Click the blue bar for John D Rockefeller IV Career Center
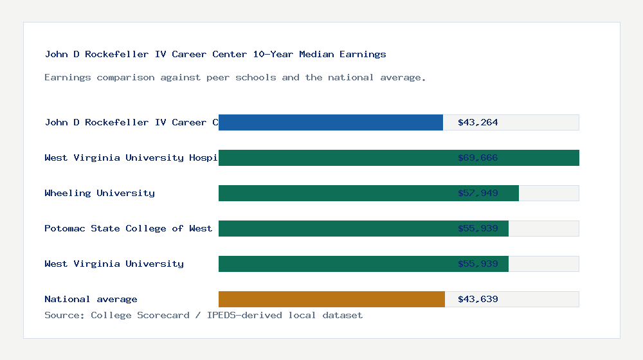click(331, 122)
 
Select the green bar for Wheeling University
click(368, 193)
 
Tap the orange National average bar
click(331, 299)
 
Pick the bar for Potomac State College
click(363, 228)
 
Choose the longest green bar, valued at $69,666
click(399, 157)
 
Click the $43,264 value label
click(478, 122)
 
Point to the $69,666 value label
click(478, 157)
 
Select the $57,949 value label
click(478, 193)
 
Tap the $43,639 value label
click(478, 299)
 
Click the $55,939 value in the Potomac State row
click(478, 228)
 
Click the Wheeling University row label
click(100, 193)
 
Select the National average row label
click(91, 299)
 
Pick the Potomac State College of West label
click(129, 228)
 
